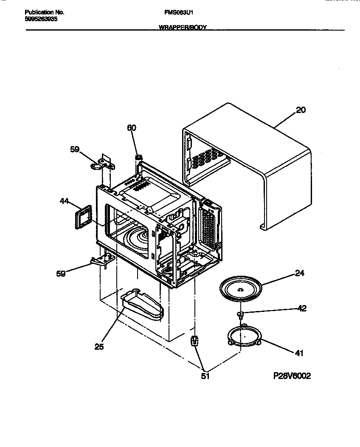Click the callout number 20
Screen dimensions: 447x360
[x=301, y=110]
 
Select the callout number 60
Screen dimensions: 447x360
[x=132, y=127]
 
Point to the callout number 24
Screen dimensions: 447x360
[x=300, y=274]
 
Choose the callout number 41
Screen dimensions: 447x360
[x=299, y=353]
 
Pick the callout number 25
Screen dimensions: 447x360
[x=99, y=347]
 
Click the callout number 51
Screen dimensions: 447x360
[x=205, y=376]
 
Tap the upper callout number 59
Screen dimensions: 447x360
[x=75, y=149]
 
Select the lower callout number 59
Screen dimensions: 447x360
[x=61, y=274]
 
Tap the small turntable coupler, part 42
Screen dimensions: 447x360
[x=241, y=314]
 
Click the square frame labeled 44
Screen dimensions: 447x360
[x=84, y=217]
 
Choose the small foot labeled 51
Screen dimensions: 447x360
[x=194, y=340]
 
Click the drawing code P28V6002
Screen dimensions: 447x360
[x=292, y=376]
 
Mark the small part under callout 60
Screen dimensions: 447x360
[x=138, y=158]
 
